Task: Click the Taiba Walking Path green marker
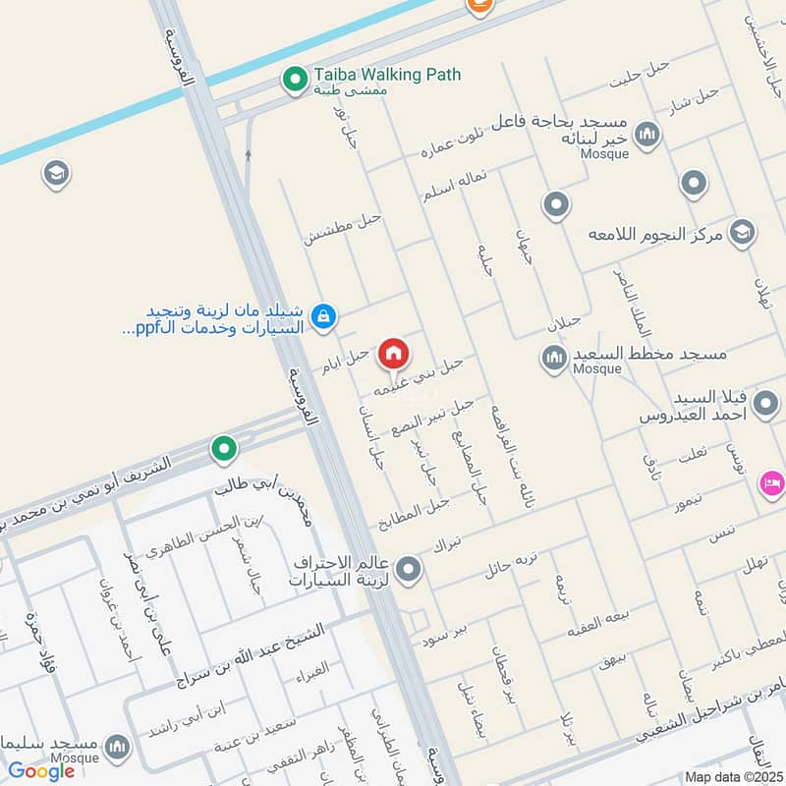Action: point(293,81)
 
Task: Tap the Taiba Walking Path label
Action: point(387,75)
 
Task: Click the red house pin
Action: point(394,353)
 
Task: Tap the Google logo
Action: point(42,771)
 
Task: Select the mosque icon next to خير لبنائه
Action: point(646,134)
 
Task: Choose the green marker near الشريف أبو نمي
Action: point(225,450)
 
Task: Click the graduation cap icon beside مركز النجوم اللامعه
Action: point(743,233)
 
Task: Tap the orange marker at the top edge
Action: point(477,5)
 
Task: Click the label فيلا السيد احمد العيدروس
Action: point(723,407)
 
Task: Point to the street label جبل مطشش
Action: point(342,228)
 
